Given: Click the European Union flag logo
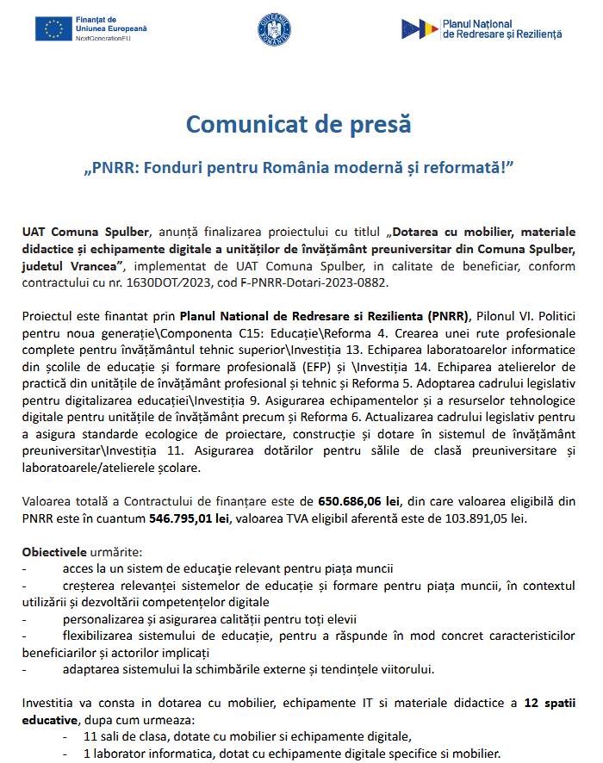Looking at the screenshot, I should coord(53,28).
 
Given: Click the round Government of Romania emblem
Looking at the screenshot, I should coord(274,30).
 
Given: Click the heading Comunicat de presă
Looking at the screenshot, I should coord(298,124).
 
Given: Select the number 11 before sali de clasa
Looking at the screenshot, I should coord(90,736).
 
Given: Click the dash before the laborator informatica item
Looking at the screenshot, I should coord(65,753).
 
